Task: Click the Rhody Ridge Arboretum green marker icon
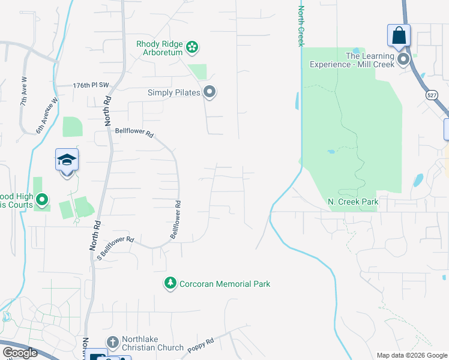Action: point(192,47)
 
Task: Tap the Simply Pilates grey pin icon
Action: point(209,92)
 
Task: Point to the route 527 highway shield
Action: point(432,95)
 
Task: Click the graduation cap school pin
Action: point(67,161)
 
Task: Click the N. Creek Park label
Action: point(354,202)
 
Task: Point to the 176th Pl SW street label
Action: point(91,86)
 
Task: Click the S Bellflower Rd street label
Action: point(115,248)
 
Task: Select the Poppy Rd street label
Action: point(200,346)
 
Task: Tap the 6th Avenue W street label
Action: point(47,116)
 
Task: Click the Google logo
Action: point(20,353)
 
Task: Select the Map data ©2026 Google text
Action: point(412,355)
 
